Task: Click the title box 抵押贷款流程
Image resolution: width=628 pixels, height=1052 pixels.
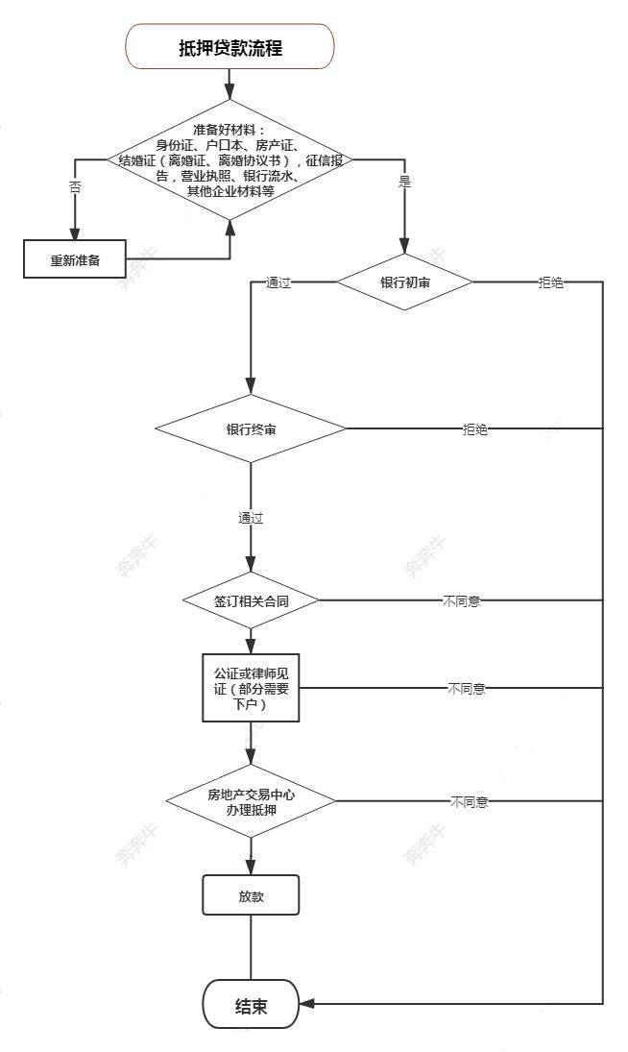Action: (x=230, y=47)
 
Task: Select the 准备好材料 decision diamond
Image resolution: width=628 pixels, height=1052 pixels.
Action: (x=230, y=159)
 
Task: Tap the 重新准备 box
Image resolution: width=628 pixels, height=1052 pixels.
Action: (x=76, y=259)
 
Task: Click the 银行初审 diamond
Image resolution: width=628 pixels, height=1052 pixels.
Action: (x=404, y=282)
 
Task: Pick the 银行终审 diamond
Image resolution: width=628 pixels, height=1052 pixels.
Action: (x=251, y=428)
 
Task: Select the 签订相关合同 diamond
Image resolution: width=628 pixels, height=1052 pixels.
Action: (x=251, y=601)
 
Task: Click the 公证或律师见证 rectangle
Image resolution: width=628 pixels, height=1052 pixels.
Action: (x=251, y=688)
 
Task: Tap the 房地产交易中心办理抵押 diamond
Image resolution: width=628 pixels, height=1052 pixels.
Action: (x=251, y=801)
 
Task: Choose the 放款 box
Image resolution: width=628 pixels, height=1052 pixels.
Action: (x=251, y=894)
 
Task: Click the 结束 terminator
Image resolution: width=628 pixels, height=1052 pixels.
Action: (x=251, y=1006)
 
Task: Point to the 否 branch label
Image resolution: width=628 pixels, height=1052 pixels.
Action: (x=75, y=188)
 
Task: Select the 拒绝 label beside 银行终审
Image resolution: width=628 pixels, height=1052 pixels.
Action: (x=474, y=429)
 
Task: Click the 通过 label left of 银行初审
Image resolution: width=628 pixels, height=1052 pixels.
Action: (x=278, y=283)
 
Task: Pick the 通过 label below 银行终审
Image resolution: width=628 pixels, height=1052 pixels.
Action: (x=251, y=518)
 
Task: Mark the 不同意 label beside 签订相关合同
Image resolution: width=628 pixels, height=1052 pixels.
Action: (x=462, y=602)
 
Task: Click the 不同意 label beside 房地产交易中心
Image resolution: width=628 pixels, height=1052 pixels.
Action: (x=469, y=802)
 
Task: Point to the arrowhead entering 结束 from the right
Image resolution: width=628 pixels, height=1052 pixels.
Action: (x=306, y=1005)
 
